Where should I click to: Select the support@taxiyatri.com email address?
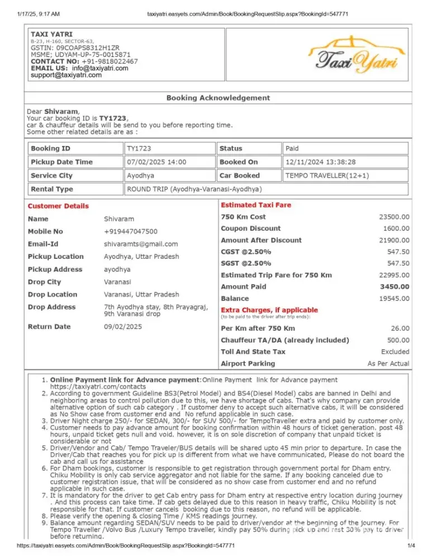(x=67, y=75)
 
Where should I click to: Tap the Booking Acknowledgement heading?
(x=218, y=98)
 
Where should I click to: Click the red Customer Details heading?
(x=58, y=206)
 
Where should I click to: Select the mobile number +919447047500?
(x=131, y=231)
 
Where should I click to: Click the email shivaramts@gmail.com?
(x=141, y=244)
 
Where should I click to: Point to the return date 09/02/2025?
(x=123, y=326)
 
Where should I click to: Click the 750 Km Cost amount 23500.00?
(x=394, y=217)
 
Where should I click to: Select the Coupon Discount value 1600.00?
(x=396, y=229)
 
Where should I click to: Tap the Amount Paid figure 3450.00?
(x=396, y=287)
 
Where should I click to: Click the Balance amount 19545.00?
(x=394, y=299)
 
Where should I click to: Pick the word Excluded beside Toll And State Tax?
(x=395, y=352)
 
